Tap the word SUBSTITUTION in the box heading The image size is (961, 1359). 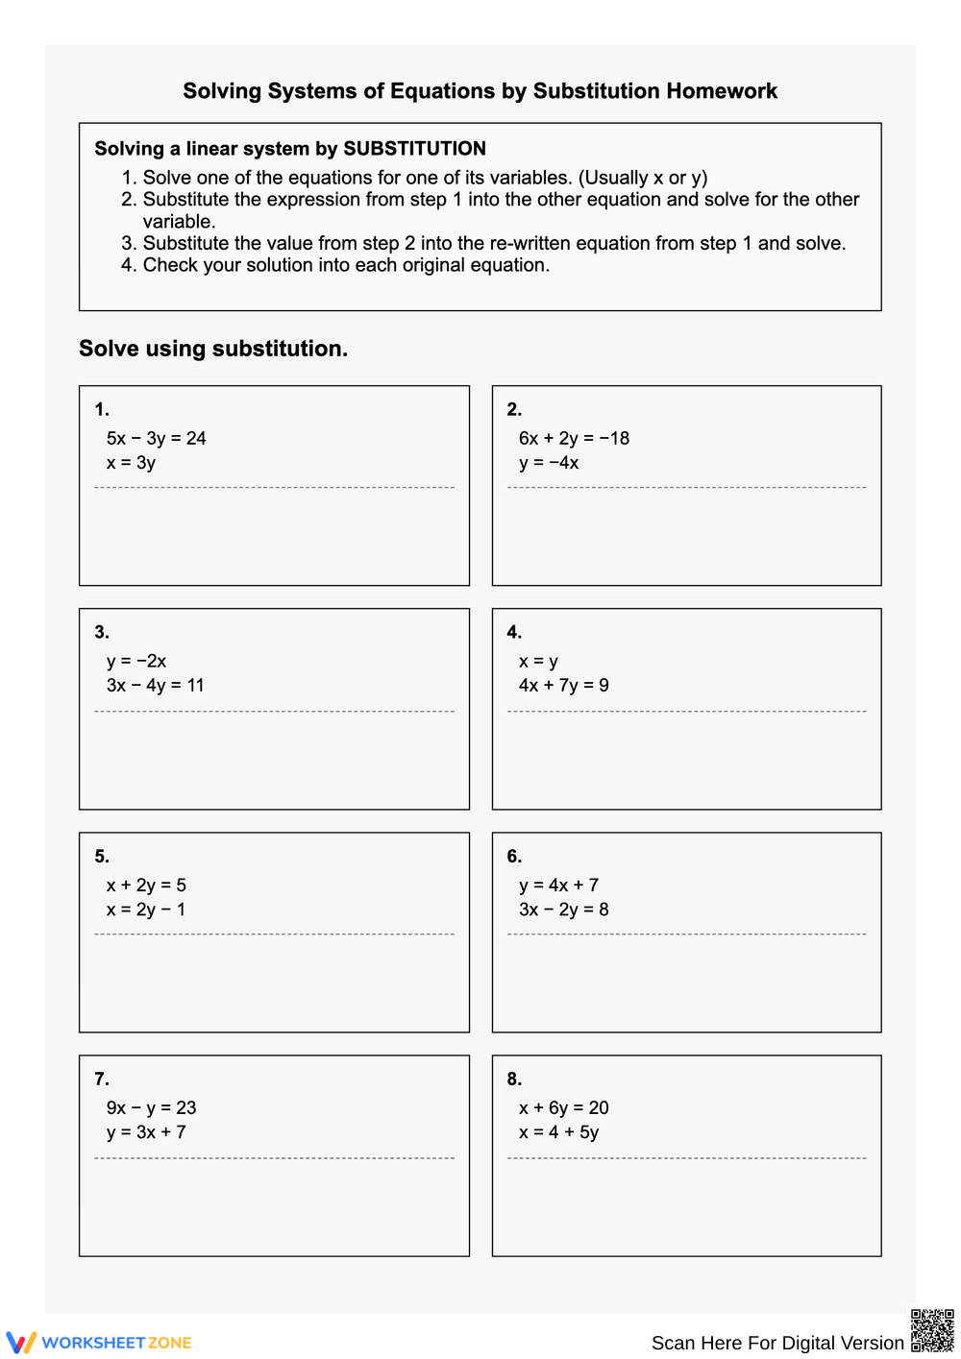click(414, 149)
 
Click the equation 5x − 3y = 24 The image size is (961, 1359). click(156, 438)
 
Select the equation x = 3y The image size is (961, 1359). click(131, 463)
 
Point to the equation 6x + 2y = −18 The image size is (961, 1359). click(574, 438)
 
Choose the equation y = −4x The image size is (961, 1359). click(549, 463)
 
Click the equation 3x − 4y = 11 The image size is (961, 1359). click(155, 686)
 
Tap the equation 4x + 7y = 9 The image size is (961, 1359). click(563, 686)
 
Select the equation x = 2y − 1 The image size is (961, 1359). click(146, 910)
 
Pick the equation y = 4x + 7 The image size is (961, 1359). click(558, 885)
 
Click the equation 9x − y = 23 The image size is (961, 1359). click(151, 1107)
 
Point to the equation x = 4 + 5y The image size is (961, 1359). click(558, 1132)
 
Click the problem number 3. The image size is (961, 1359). click(102, 632)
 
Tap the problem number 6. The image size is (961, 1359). click(514, 856)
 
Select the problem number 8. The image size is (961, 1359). click(514, 1079)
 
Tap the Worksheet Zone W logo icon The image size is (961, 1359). click(21, 1342)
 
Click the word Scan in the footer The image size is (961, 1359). click(673, 1343)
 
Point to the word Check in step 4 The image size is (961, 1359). click(169, 265)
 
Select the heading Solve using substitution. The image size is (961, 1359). click(213, 349)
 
